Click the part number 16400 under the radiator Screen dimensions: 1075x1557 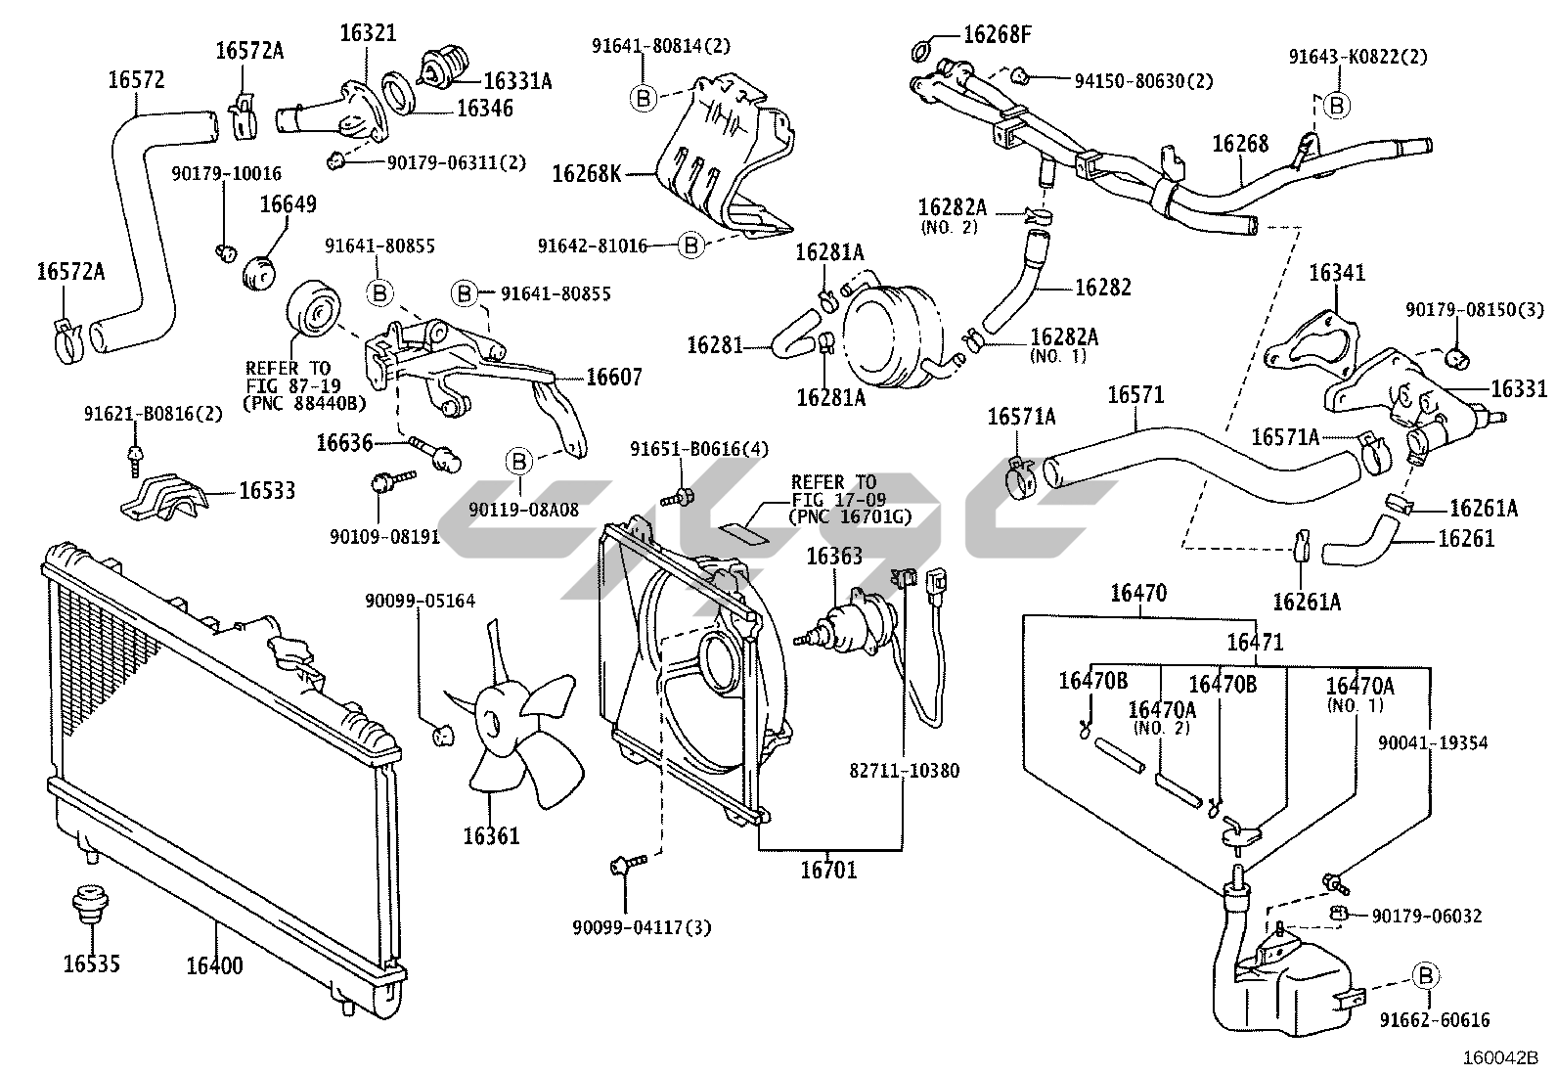click(214, 965)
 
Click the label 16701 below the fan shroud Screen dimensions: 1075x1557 click(828, 869)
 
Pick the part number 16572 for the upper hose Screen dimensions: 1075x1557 click(136, 80)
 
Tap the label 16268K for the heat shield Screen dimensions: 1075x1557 click(587, 174)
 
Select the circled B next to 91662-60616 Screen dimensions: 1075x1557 click(1426, 974)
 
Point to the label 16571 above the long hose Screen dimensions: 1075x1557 click(1135, 394)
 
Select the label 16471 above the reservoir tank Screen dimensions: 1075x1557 click(1256, 642)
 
